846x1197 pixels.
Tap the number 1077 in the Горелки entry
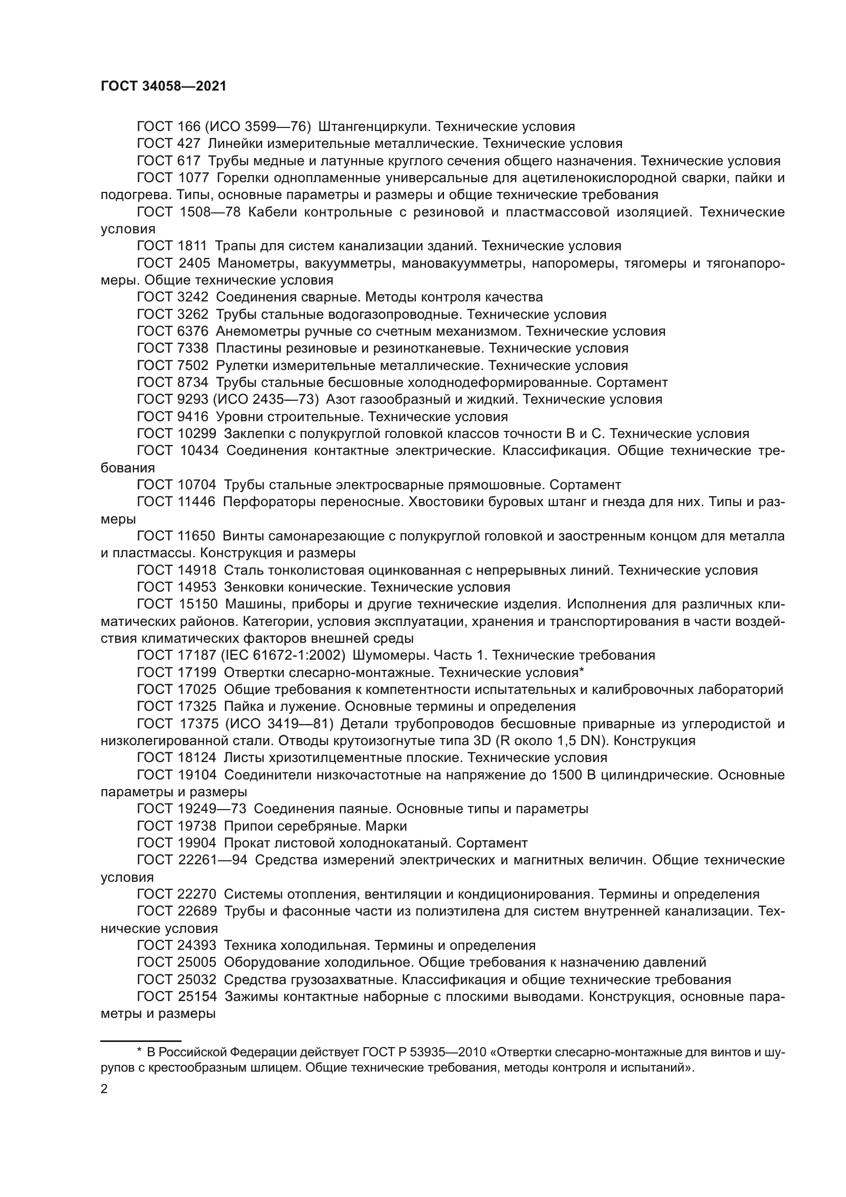pyautogui.click(x=193, y=178)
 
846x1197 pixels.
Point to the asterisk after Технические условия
pyautogui.click(x=582, y=672)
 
